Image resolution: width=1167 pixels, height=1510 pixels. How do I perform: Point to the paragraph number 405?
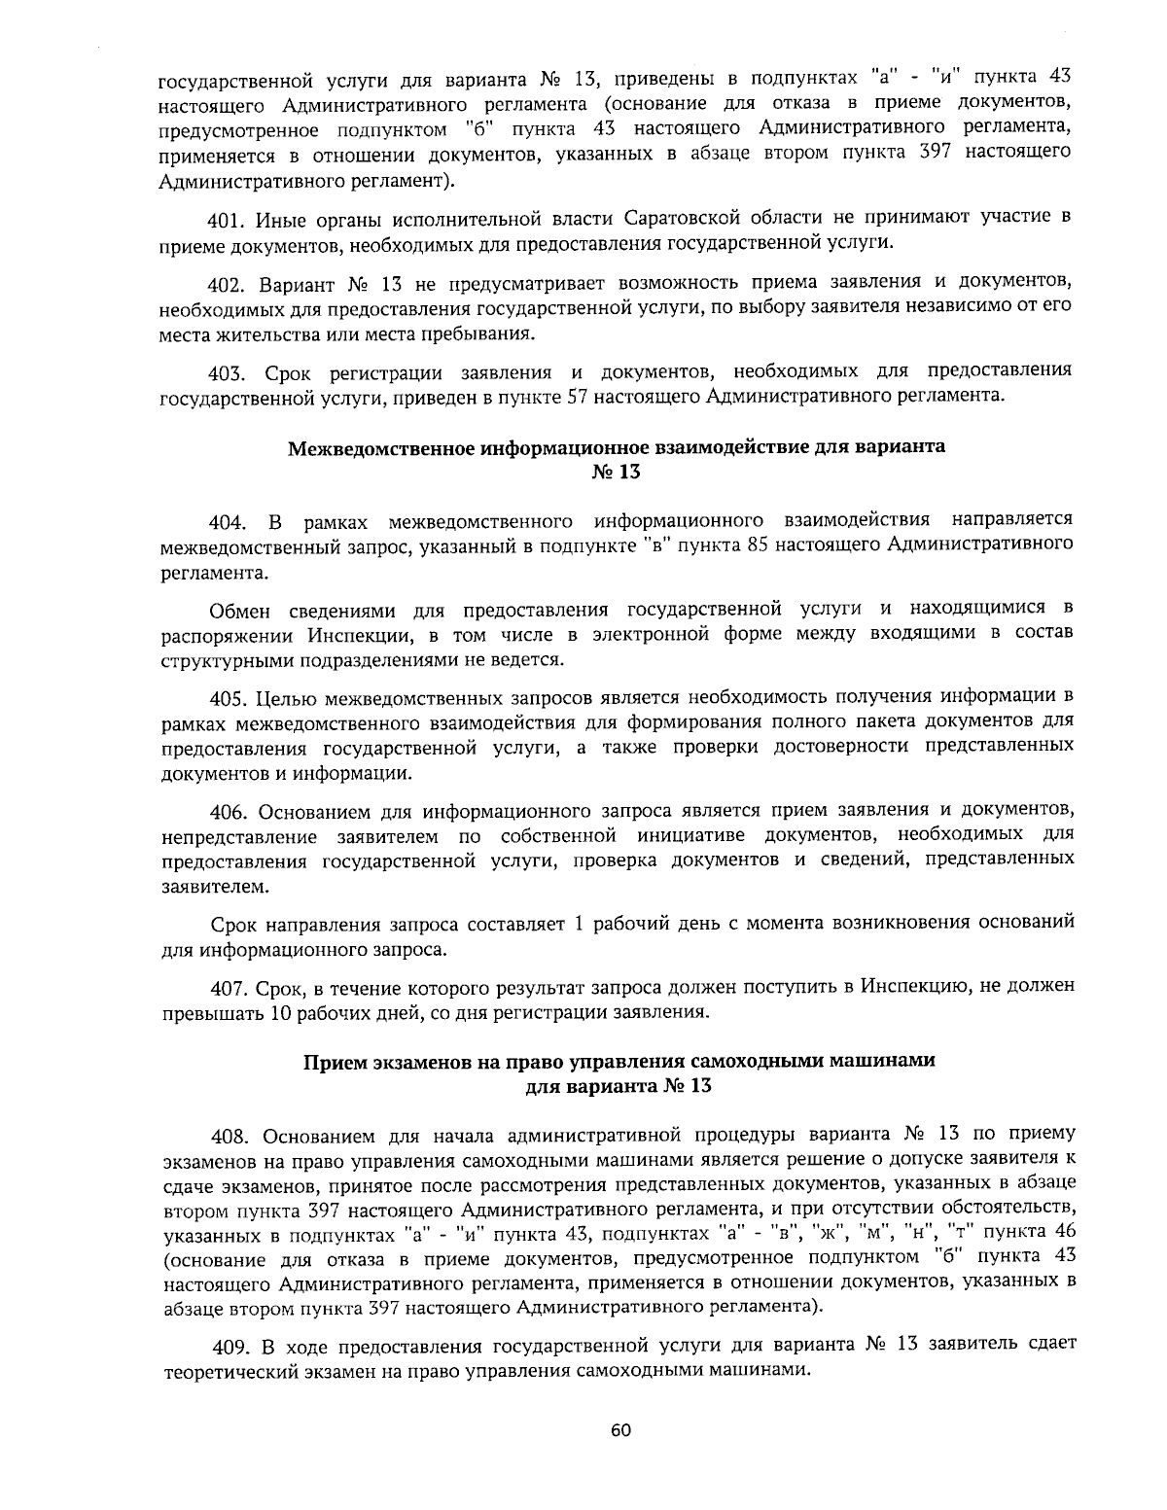(x=231, y=697)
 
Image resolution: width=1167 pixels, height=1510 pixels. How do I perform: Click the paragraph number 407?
(x=231, y=988)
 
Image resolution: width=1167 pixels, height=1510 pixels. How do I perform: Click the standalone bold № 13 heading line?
(x=617, y=474)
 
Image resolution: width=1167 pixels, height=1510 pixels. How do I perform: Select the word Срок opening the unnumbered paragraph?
(x=235, y=923)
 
